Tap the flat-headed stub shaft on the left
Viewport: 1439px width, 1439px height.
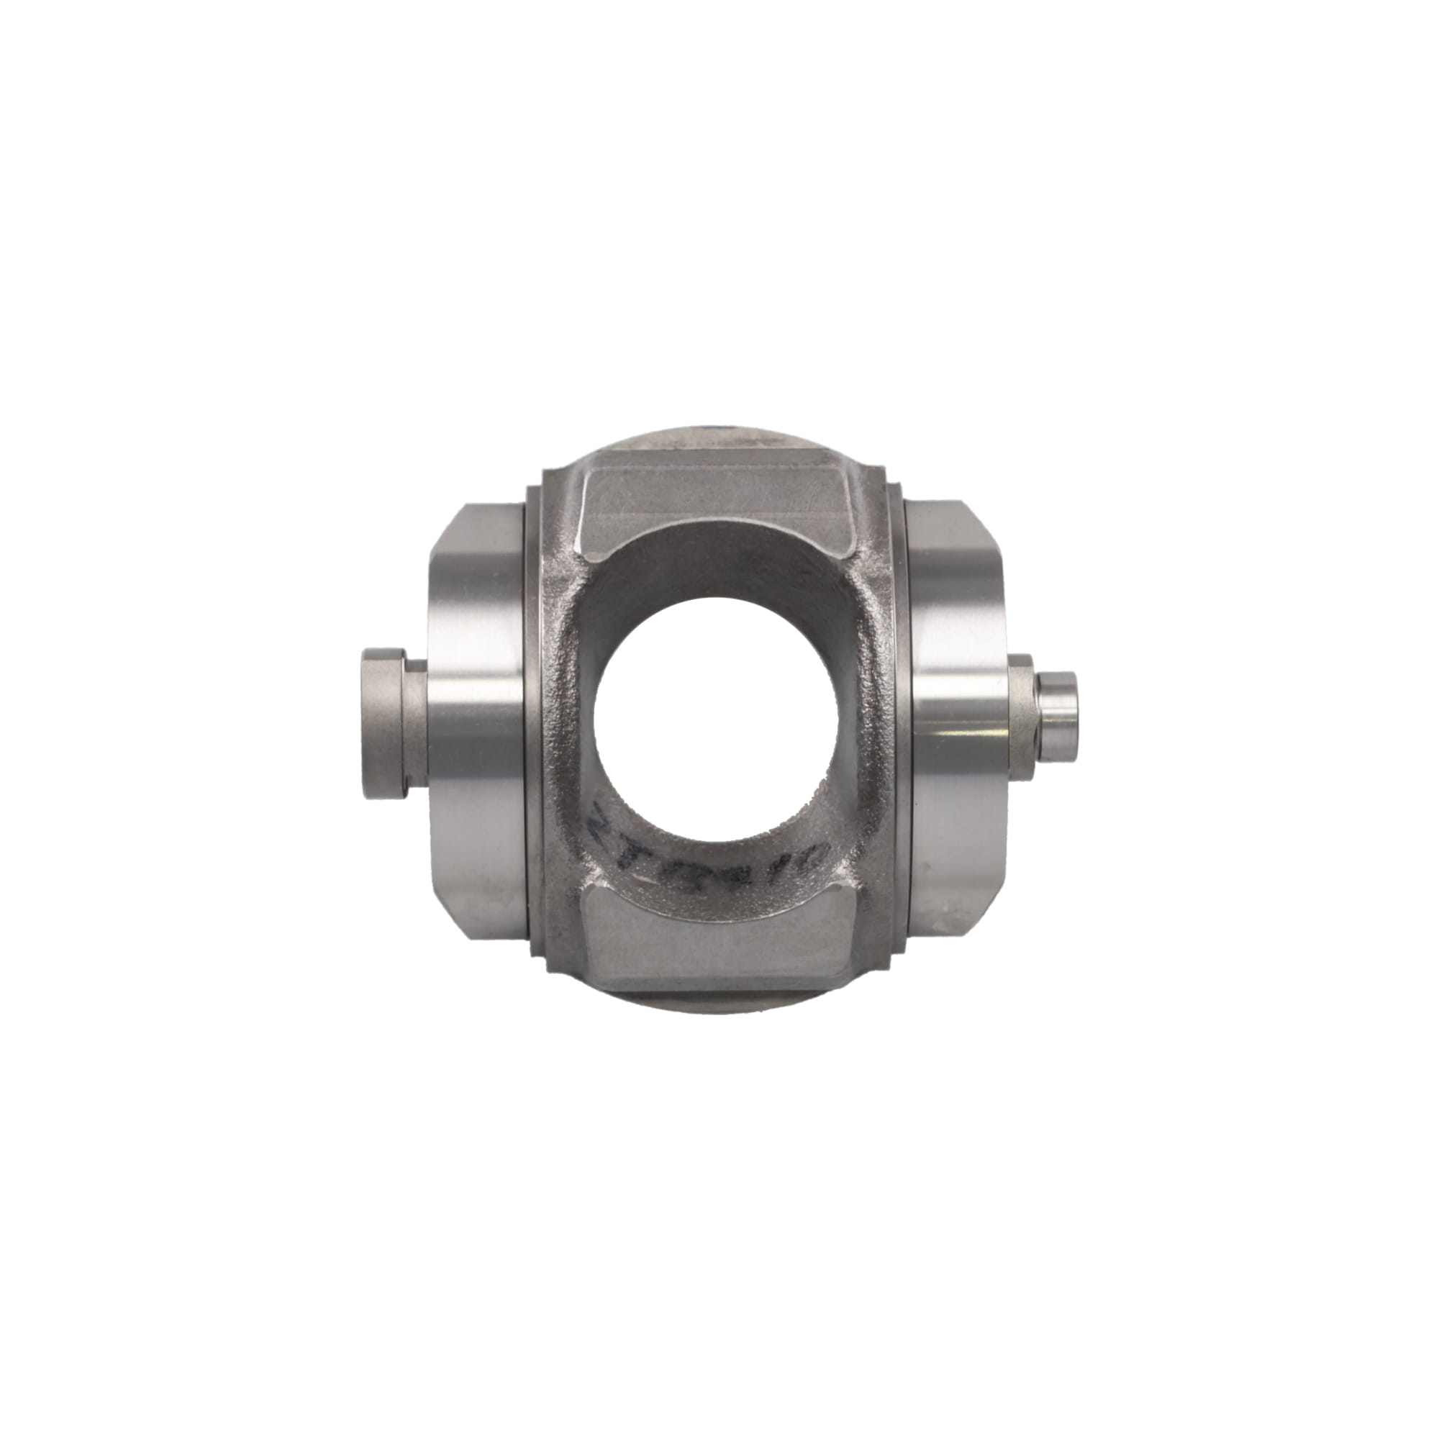[x=382, y=721]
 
